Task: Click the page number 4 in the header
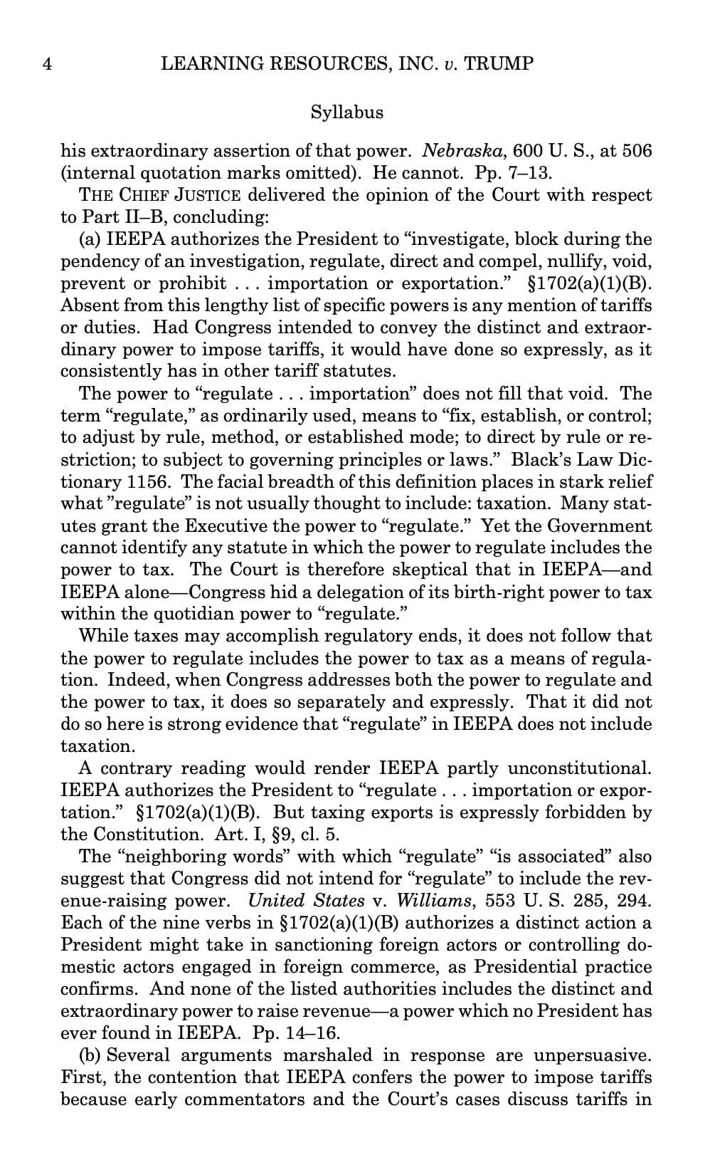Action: point(48,64)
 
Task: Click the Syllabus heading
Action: point(346,113)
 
